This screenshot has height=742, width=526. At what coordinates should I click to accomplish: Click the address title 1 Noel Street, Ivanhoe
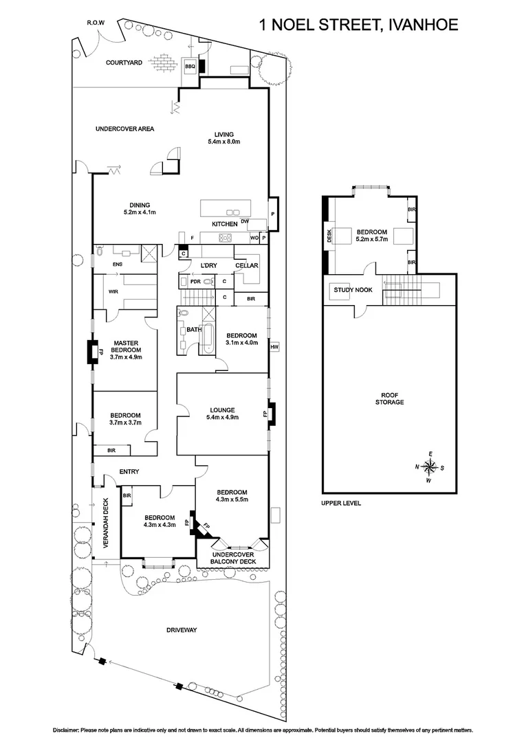358,25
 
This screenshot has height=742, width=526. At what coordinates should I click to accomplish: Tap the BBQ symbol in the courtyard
190,66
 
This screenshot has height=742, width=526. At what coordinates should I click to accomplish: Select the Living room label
223,137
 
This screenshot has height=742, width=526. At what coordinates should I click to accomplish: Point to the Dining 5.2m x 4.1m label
140,207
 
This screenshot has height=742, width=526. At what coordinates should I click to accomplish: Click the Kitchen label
224,224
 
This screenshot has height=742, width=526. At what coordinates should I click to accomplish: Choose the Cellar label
246,265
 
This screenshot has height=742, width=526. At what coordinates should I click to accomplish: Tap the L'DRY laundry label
209,265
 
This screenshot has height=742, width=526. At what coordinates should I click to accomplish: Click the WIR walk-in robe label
113,291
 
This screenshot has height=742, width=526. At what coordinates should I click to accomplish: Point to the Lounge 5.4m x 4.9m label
223,414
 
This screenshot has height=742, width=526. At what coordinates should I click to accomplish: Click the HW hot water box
274,346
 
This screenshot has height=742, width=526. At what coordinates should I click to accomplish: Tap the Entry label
129,471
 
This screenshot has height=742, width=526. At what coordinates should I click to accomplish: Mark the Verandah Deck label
107,522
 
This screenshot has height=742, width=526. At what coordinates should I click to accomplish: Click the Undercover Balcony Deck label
233,558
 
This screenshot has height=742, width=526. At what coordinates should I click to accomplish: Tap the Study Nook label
353,290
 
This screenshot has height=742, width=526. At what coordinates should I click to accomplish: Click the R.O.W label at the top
96,23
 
